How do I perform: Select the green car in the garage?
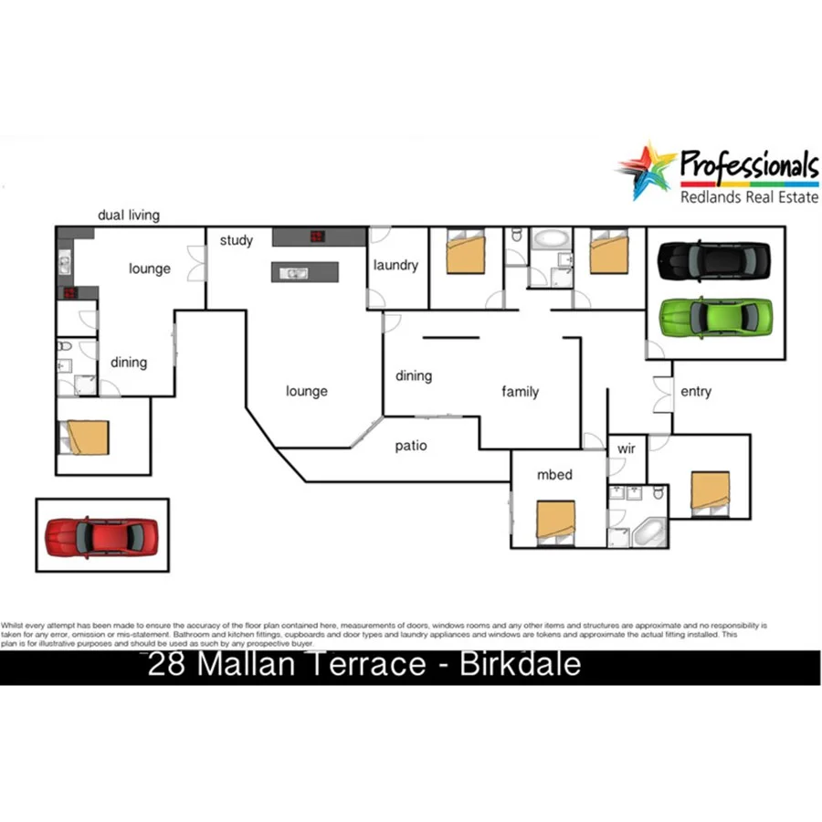[x=715, y=316]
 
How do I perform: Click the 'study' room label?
[x=236, y=240]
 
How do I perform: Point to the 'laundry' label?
[x=395, y=265]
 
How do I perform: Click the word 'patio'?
[x=411, y=446]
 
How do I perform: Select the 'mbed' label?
[x=554, y=474]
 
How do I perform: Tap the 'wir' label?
[x=626, y=449]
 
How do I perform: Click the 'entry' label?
[x=696, y=391]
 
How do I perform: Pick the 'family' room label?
[x=521, y=392]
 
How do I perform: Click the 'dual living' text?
[x=129, y=216]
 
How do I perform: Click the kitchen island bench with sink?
[x=304, y=272]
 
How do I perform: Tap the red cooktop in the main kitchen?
[x=317, y=237]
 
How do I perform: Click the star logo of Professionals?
[x=647, y=169]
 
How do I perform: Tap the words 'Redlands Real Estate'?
[x=749, y=196]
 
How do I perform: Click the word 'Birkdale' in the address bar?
[x=520, y=664]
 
